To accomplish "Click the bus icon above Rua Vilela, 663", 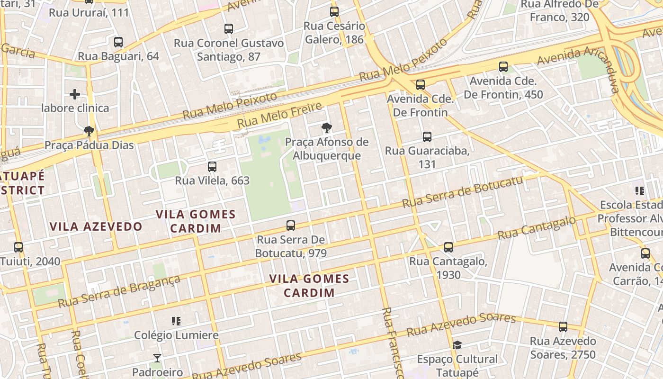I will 212,167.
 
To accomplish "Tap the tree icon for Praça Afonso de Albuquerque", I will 326,127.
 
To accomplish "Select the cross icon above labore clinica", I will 75,94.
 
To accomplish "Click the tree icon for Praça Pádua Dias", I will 89,131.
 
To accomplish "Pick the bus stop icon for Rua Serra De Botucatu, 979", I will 291,226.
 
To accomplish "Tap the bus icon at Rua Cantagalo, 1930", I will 448,247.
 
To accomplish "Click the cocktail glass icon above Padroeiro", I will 157,358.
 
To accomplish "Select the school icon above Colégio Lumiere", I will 176,321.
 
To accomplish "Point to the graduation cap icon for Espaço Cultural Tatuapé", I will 457,345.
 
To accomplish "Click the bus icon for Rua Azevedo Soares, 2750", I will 563,327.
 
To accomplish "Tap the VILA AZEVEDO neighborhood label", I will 96,226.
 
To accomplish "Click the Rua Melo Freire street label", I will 279,115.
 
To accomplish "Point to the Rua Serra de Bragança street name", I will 119,290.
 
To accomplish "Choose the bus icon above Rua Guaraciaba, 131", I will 427,137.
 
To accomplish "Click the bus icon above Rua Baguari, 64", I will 118,42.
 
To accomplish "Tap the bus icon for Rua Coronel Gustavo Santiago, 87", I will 229,29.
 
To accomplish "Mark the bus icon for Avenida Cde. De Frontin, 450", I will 503,67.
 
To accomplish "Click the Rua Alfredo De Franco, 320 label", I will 560,10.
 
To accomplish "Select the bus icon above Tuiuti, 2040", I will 18,247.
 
